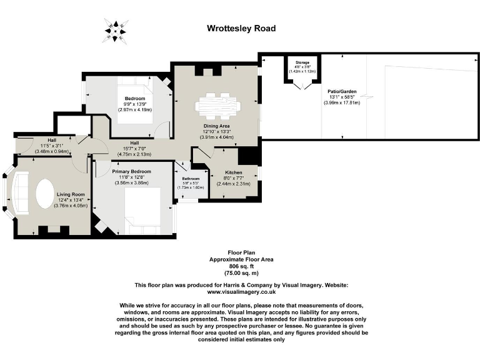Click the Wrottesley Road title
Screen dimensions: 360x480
coord(241,28)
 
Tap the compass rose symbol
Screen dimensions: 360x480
coord(116,29)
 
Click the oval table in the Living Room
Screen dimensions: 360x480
coord(44,193)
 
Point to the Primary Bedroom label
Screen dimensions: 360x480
coord(131,171)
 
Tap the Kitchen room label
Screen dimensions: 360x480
coord(224,172)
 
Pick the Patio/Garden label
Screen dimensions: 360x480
coord(341,91)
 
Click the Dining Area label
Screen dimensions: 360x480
coord(216,126)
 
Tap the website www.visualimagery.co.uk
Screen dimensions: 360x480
coord(241,292)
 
